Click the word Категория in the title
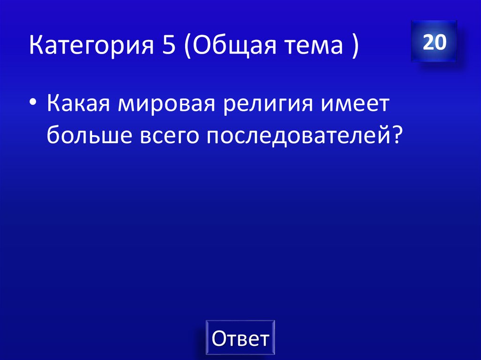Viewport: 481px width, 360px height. [x=87, y=47]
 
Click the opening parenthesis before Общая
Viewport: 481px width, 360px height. [x=187, y=47]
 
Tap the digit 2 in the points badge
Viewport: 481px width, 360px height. [x=428, y=43]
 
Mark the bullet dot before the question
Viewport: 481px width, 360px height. [x=34, y=105]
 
